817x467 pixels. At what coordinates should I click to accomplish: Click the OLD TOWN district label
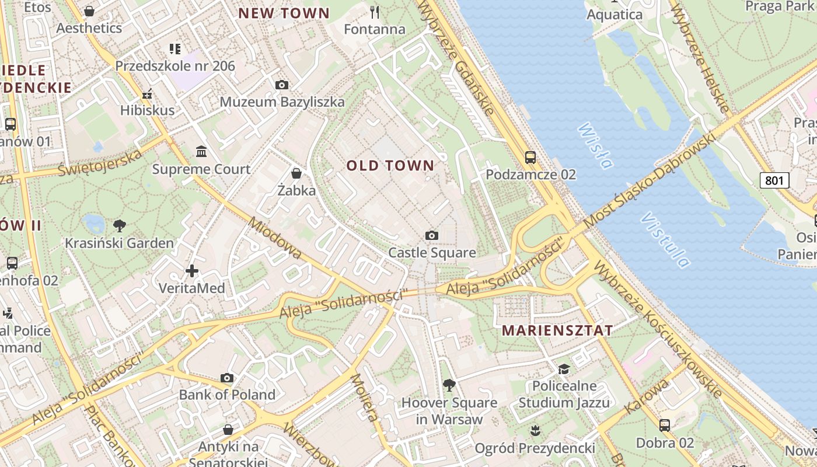[390, 166]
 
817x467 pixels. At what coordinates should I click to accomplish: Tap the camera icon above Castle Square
[432, 235]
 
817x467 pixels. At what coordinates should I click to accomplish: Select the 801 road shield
[774, 180]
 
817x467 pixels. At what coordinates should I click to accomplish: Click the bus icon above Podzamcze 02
[530, 157]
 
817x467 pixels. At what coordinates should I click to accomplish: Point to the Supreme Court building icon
[201, 152]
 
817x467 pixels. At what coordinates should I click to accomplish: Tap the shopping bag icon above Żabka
[296, 173]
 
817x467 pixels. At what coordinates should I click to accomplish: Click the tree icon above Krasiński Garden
[119, 225]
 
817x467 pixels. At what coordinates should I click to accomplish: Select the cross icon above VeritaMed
[192, 271]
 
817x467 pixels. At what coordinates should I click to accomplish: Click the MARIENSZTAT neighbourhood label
[557, 330]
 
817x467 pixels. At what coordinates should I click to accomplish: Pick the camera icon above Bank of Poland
[227, 378]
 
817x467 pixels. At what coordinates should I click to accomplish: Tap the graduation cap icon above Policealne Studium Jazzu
[564, 369]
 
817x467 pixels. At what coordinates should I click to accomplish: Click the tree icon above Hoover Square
[449, 385]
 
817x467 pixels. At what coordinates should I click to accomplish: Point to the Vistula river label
[665, 240]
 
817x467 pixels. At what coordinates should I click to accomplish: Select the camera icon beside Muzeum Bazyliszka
[282, 85]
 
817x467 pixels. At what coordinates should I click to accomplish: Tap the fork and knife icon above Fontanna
[375, 12]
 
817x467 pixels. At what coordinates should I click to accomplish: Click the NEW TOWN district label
[284, 13]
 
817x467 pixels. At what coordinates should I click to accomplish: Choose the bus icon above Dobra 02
[664, 425]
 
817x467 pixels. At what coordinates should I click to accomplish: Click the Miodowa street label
[275, 238]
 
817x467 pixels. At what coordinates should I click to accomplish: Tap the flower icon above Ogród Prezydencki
[535, 431]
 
